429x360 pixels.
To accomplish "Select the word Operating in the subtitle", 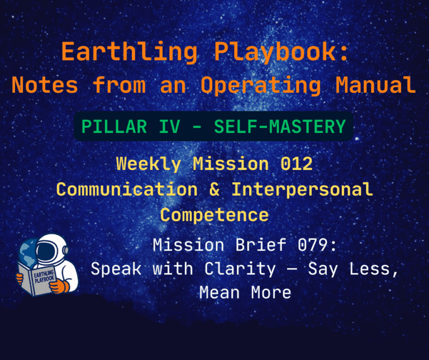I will coord(261,85).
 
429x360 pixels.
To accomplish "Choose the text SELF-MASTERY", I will coord(280,126).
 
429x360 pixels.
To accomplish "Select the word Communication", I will coord(127,189).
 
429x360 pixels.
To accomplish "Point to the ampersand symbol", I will coord(215,189).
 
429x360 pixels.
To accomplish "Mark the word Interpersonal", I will coord(302,189).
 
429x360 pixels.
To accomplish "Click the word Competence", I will coord(214,215).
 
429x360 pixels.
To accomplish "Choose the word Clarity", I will coord(241,269).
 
